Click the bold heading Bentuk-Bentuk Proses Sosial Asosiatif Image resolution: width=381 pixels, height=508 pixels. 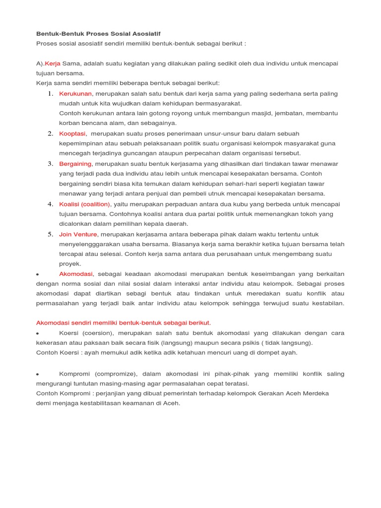pyautogui.click(x=98, y=33)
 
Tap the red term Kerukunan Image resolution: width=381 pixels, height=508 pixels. pyautogui.click(x=75, y=93)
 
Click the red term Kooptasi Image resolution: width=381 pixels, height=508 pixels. pyautogui.click(x=72, y=133)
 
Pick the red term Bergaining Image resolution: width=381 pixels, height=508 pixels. pyautogui.click(x=75, y=164)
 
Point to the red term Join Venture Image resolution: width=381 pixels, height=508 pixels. pyautogui.click(x=78, y=234)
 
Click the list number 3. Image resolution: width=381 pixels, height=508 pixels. pyautogui.click(x=51, y=164)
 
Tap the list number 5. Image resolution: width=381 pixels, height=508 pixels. pyautogui.click(x=51, y=234)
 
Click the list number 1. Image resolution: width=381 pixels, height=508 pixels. pyautogui.click(x=51, y=93)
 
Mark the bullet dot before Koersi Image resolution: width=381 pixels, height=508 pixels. pyautogui.click(x=38, y=333)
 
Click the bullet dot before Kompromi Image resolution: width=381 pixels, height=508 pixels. pyautogui.click(x=38, y=374)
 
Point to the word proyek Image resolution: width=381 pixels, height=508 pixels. pyautogui.click(x=70, y=264)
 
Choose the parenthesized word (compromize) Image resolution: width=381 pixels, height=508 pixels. pyautogui.click(x=112, y=374)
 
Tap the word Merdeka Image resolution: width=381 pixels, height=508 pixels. pyautogui.click(x=314, y=393)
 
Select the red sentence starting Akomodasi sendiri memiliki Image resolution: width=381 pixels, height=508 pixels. pyautogui.click(x=124, y=322)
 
